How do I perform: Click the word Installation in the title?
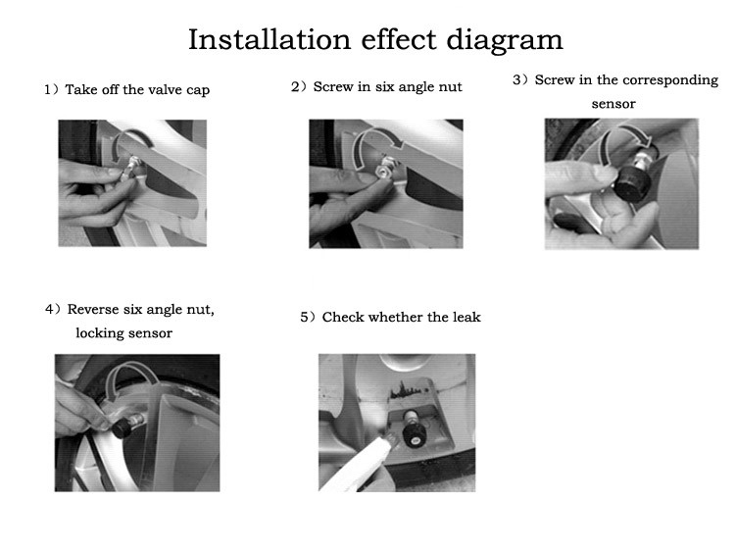269,39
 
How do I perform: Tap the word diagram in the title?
505,41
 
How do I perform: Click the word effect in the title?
399,39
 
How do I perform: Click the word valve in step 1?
166,89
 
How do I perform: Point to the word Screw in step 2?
333,86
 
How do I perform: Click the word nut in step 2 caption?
452,87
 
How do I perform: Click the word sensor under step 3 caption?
613,104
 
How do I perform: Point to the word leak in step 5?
466,317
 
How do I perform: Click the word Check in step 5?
343,317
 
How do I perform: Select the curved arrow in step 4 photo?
129,367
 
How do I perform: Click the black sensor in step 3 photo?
630,184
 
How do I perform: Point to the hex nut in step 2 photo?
382,172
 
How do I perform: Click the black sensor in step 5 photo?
414,434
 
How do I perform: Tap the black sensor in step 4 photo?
122,427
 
